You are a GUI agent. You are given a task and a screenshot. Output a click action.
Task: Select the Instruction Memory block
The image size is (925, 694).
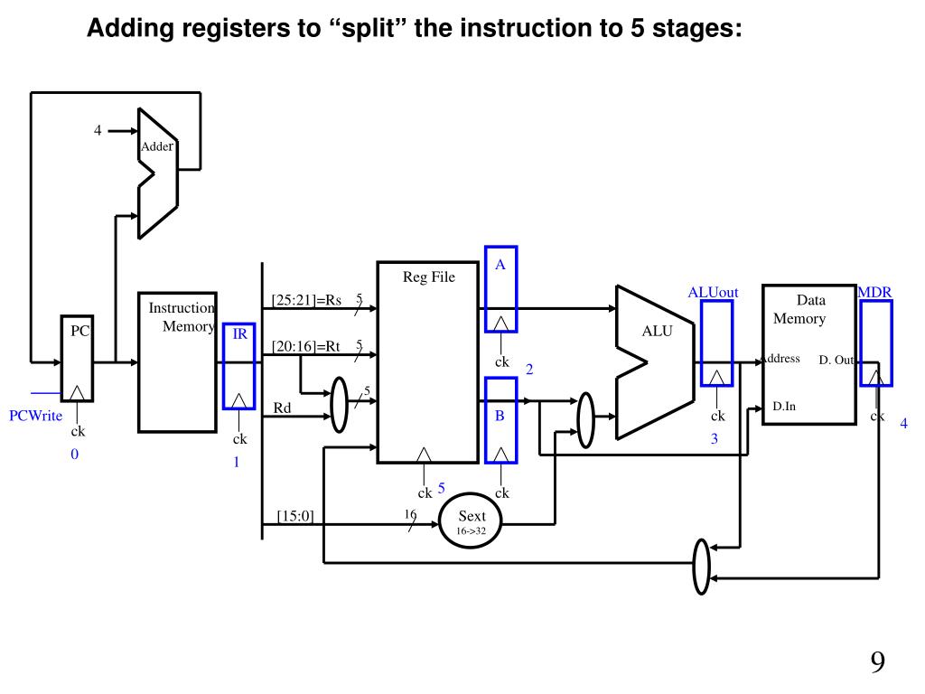[176, 361]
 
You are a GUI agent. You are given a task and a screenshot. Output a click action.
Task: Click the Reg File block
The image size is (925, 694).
[427, 361]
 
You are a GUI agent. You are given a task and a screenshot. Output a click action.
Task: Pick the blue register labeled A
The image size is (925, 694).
[500, 289]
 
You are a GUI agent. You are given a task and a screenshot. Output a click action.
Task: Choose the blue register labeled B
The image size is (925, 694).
[500, 420]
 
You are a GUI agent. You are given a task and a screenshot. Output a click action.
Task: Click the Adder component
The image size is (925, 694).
[157, 172]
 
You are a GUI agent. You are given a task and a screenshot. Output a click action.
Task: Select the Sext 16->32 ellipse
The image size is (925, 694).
[470, 521]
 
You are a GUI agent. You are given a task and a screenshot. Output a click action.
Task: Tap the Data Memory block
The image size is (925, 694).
[808, 352]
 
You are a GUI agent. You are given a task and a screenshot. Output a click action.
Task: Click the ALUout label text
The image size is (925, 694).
[713, 292]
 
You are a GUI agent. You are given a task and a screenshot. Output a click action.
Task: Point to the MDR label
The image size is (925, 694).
[874, 292]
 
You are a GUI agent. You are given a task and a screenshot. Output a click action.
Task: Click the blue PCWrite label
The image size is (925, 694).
[35, 417]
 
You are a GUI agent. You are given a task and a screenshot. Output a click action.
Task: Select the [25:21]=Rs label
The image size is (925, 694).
[306, 300]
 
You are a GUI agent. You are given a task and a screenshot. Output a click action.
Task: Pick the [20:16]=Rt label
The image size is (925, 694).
[305, 345]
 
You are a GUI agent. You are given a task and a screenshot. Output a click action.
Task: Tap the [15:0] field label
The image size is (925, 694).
[294, 516]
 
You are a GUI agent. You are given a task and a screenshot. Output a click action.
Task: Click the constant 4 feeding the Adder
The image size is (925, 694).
[98, 130]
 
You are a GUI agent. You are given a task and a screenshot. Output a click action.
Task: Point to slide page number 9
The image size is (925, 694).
[877, 662]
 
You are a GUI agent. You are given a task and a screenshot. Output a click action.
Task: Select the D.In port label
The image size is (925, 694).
[784, 406]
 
